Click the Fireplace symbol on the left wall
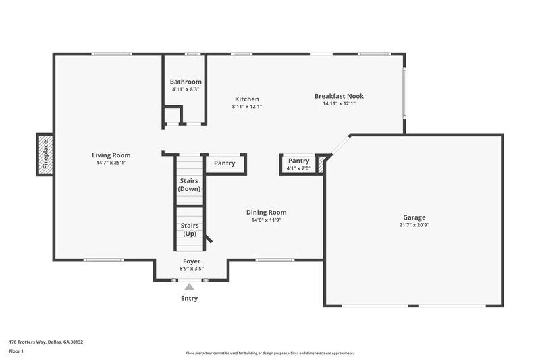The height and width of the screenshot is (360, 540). (x=45, y=154)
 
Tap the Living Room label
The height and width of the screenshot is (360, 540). (x=111, y=155)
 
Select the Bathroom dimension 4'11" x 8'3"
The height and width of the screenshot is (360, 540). (x=185, y=89)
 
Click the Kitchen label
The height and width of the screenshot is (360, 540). (x=246, y=99)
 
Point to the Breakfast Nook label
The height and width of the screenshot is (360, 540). (x=339, y=96)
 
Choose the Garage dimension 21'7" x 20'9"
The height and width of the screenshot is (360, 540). (x=414, y=225)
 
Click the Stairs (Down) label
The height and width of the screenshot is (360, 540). (x=190, y=184)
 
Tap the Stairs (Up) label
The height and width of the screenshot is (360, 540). (x=190, y=229)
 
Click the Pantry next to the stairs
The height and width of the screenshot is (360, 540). (x=225, y=163)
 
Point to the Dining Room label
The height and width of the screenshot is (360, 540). (x=266, y=212)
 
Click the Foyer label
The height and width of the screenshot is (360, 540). (x=192, y=261)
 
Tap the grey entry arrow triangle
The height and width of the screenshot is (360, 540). (x=190, y=287)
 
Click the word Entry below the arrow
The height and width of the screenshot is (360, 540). (x=190, y=299)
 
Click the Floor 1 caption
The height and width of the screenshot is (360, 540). (x=17, y=351)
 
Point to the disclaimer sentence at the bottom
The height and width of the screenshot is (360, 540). (x=269, y=353)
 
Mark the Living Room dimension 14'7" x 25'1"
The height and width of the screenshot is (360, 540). (x=111, y=162)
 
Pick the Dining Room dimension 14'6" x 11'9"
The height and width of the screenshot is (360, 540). (x=266, y=220)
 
